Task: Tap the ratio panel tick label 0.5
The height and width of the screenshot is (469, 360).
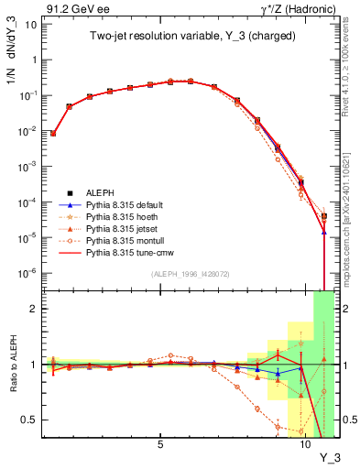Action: coord(30,420)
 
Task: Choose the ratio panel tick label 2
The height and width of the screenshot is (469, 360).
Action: coord(34,309)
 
